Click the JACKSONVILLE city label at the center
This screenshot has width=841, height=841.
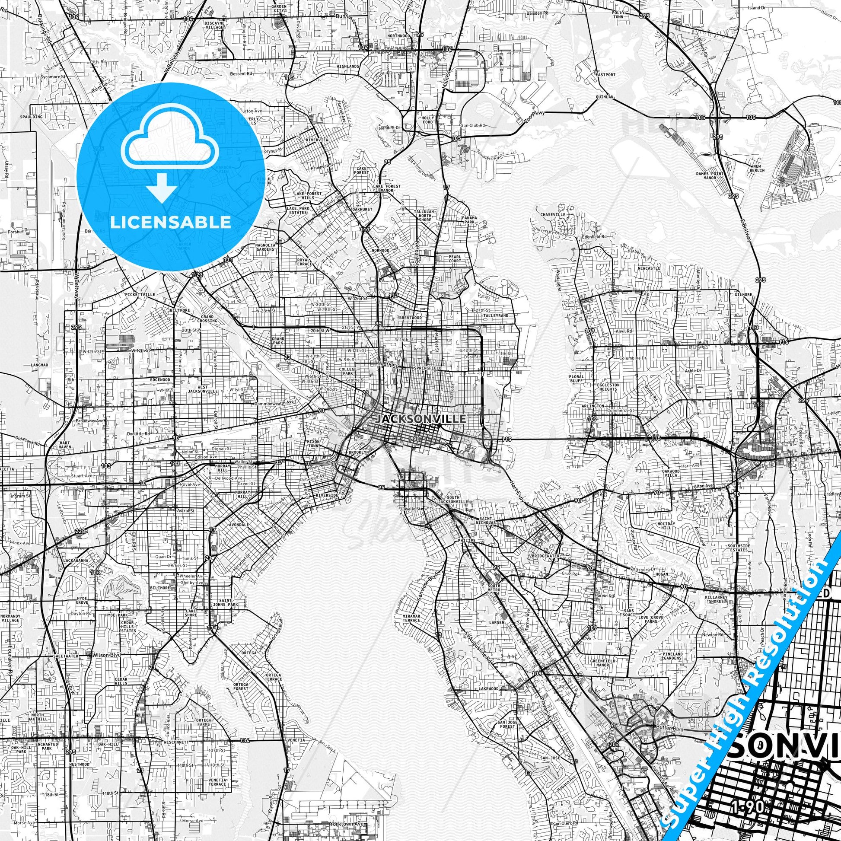[420, 419]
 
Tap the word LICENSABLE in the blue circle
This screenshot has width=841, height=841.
[170, 222]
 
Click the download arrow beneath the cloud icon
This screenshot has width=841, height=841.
[162, 188]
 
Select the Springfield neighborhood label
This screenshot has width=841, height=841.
[429, 368]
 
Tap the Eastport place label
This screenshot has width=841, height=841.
[606, 75]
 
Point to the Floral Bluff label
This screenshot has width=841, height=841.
[576, 378]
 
